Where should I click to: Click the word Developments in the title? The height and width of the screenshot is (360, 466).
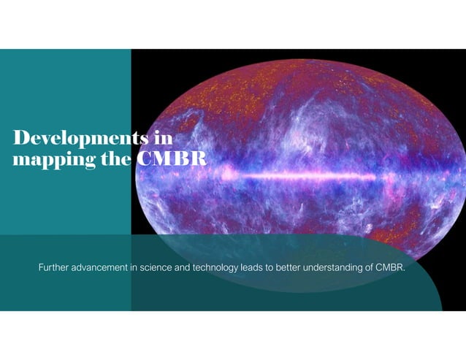click(x=74, y=138)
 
